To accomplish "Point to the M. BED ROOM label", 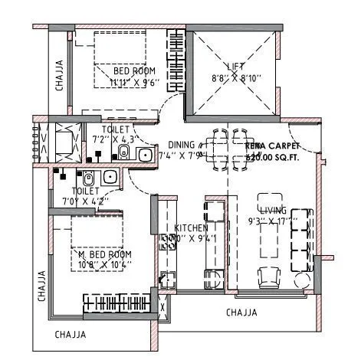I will (x=106, y=254).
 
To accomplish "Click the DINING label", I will (x=182, y=144).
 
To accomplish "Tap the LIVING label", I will (x=273, y=210).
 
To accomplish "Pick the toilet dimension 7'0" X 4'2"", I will (x=84, y=201).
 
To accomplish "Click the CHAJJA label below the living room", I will (x=241, y=312).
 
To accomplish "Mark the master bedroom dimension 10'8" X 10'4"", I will (x=106, y=264).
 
